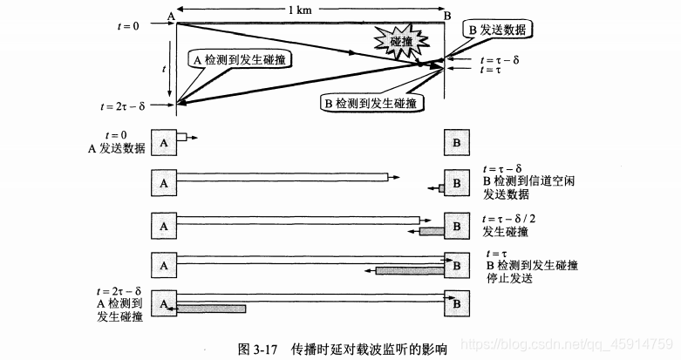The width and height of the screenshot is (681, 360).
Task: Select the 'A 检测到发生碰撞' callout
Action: click(240, 59)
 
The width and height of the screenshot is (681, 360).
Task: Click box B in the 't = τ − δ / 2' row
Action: click(456, 224)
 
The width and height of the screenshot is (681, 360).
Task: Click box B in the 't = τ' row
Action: click(456, 263)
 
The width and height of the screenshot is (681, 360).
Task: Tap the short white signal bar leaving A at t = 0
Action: click(181, 136)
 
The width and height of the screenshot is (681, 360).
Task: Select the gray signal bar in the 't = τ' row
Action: click(410, 270)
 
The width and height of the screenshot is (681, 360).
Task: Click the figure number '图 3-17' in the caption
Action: click(257, 350)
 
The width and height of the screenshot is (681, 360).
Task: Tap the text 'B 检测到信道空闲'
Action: click(528, 180)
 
